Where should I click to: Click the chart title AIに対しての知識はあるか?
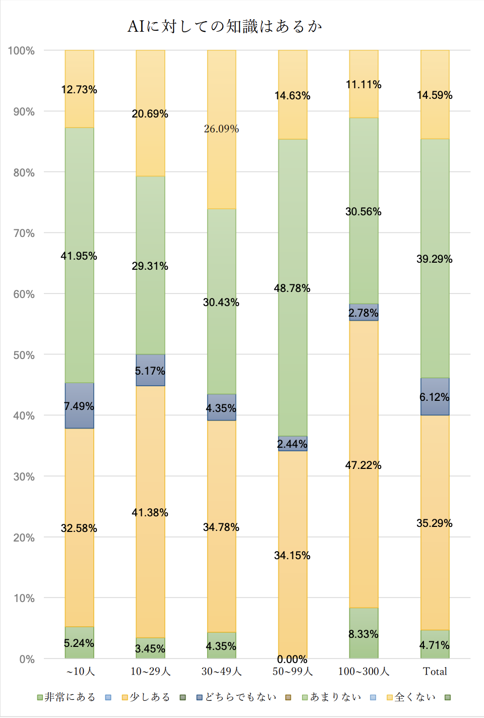click(x=224, y=26)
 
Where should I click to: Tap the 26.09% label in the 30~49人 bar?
click(x=221, y=129)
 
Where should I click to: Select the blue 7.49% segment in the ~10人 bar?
click(x=79, y=406)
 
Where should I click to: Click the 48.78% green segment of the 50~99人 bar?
click(x=292, y=288)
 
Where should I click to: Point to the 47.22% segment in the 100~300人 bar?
click(x=364, y=465)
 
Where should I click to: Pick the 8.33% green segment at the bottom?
click(x=364, y=634)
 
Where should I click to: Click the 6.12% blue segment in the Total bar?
click(x=435, y=397)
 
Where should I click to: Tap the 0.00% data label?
click(x=292, y=660)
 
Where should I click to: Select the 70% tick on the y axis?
click(x=24, y=233)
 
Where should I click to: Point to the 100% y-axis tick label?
click(x=21, y=51)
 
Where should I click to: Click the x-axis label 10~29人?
click(x=150, y=672)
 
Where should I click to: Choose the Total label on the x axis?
click(x=435, y=672)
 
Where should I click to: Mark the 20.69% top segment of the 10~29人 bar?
click(x=150, y=114)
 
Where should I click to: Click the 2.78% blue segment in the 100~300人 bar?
click(x=364, y=313)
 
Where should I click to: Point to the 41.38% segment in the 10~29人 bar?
click(x=150, y=512)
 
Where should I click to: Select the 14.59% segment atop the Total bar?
click(x=435, y=95)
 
